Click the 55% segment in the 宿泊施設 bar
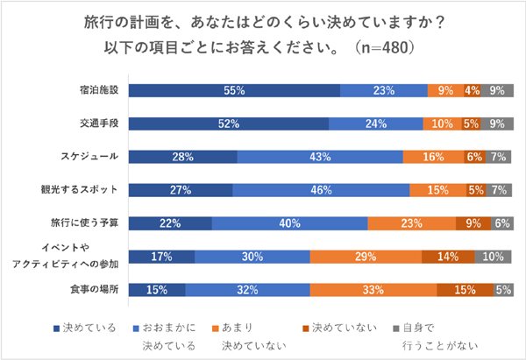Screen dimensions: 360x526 click(x=234, y=90)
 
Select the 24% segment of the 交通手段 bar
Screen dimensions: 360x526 click(x=376, y=124)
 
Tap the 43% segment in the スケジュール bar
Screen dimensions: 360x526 click(x=319, y=157)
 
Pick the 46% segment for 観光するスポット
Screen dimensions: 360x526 click(x=321, y=190)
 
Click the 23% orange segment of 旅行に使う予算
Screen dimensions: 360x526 click(x=411, y=223)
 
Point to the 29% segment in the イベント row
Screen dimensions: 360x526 click(x=366, y=257)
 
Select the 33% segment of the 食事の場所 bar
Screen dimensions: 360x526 click(x=373, y=290)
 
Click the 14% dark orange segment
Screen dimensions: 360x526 click(x=448, y=257)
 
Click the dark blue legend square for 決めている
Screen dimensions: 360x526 click(x=58, y=328)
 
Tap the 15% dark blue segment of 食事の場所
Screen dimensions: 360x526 click(x=157, y=290)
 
